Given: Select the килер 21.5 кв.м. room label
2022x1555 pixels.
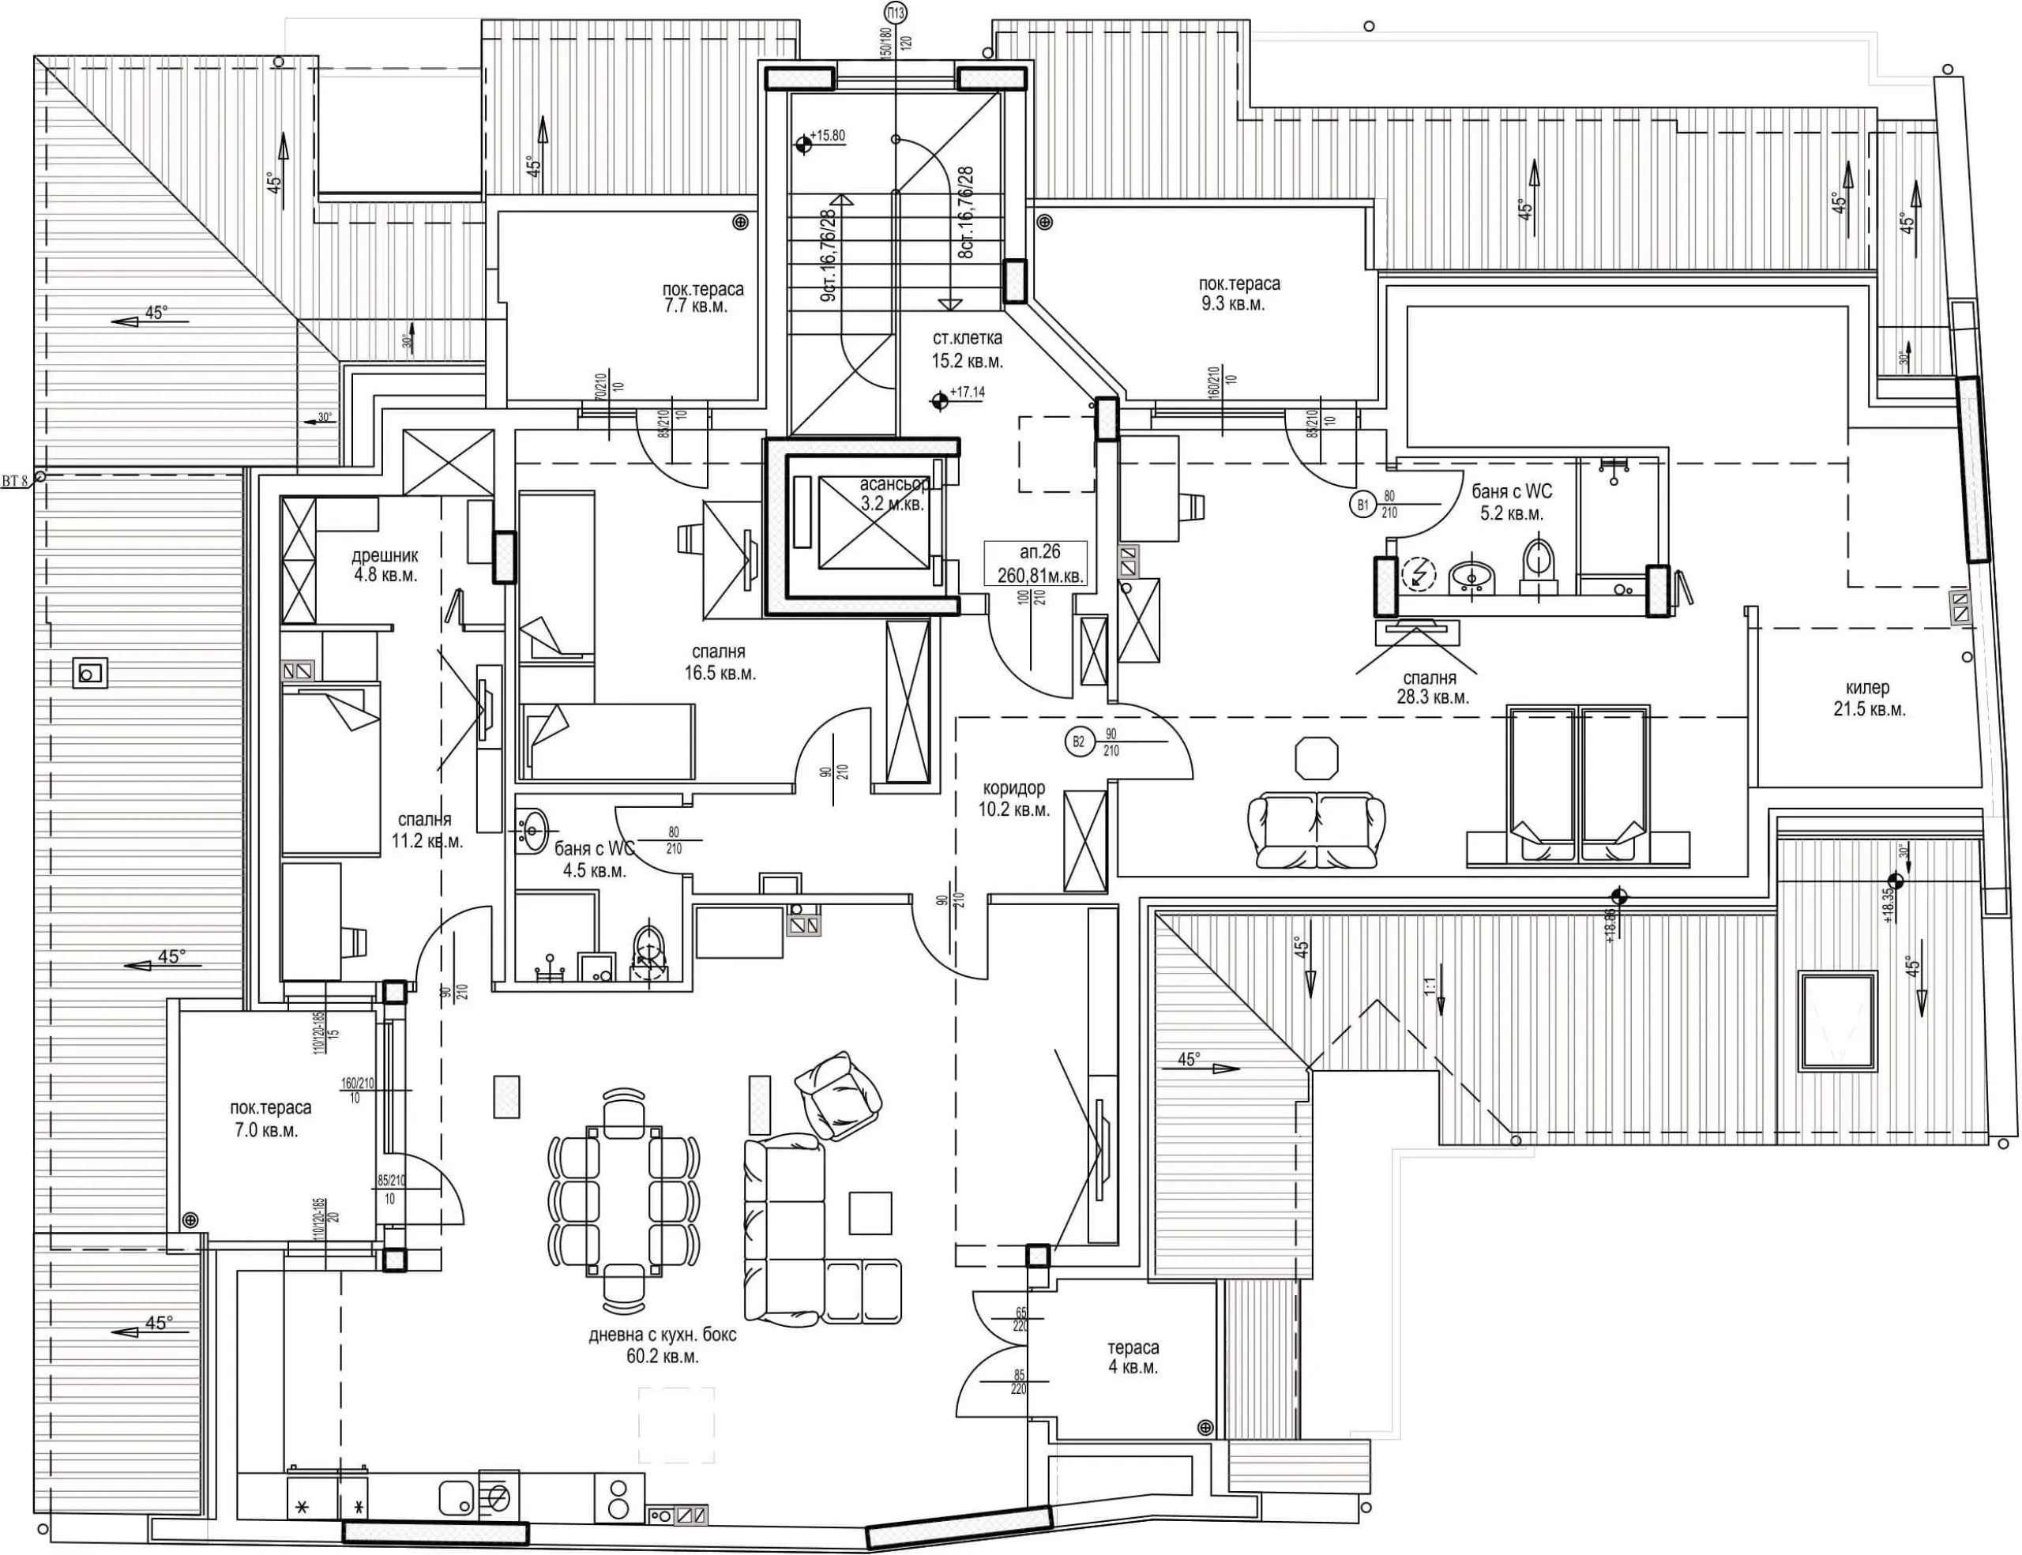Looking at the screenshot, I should [x=1866, y=698].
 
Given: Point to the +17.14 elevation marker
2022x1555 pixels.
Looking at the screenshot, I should [x=941, y=400].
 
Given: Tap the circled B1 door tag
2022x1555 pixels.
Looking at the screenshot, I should [x=1361, y=505].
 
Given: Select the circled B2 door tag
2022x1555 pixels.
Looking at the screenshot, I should [x=1077, y=742].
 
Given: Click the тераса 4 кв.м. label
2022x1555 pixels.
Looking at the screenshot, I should [x=1133, y=1357].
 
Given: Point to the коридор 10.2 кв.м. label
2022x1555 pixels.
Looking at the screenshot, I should [x=1016, y=798].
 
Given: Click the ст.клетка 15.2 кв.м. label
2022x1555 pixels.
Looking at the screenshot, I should [x=968, y=350].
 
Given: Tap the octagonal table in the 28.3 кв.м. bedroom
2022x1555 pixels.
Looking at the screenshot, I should [x=1317, y=758].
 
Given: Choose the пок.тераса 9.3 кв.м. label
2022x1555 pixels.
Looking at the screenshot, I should [x=1238, y=294].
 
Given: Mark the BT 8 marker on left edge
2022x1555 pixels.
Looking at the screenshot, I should [x=39, y=478].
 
